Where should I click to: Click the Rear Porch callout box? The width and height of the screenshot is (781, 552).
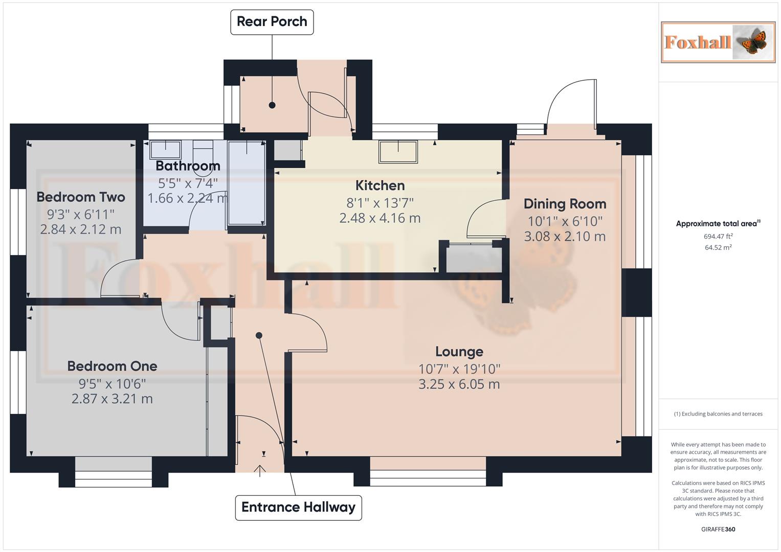click(272, 22)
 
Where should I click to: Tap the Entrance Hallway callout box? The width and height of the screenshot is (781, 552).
click(298, 507)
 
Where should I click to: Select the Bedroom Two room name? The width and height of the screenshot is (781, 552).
click(81, 197)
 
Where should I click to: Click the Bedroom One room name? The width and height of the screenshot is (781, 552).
click(112, 366)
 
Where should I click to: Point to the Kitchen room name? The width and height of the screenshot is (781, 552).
click(380, 186)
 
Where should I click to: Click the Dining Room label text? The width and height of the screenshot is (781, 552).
click(565, 204)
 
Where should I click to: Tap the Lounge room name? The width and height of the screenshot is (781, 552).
click(459, 352)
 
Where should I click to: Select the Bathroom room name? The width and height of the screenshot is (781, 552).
click(188, 166)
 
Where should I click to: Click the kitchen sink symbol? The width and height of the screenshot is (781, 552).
click(398, 151)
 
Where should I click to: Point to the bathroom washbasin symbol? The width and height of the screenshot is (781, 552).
click(165, 150)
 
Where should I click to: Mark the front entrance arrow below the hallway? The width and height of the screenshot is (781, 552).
click(260, 470)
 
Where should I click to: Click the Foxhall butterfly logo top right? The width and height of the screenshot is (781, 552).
click(718, 42)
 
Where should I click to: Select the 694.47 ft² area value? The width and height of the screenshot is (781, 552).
click(718, 236)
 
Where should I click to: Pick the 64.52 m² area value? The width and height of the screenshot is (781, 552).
click(718, 247)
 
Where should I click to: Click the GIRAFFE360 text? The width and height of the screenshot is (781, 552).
click(718, 529)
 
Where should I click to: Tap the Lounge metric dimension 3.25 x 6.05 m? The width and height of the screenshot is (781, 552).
click(459, 384)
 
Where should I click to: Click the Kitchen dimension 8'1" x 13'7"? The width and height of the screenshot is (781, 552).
click(380, 203)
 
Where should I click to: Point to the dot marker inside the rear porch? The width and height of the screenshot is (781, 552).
click(272, 105)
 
